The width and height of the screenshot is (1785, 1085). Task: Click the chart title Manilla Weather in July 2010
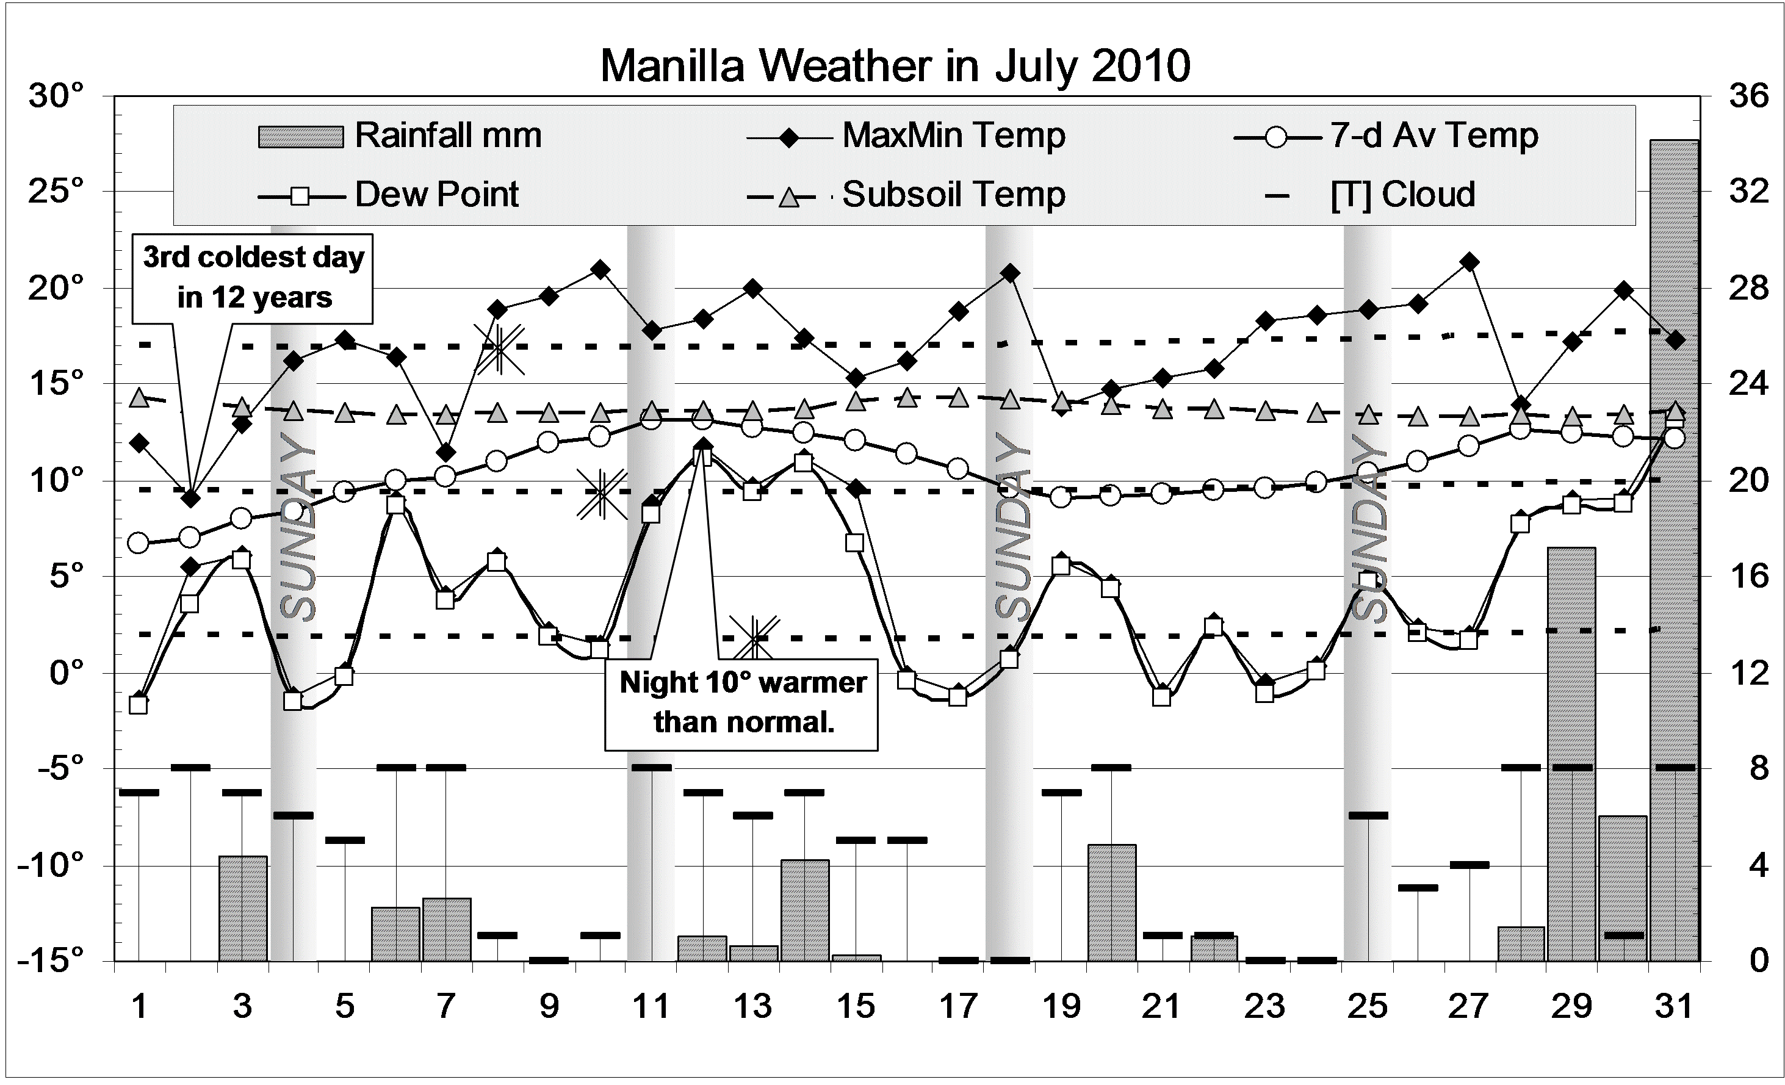click(895, 66)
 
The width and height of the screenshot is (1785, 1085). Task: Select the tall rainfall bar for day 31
click(1674, 550)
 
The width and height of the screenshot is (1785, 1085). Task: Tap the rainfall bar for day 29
click(1571, 753)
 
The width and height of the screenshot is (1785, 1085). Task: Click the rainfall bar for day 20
click(1112, 903)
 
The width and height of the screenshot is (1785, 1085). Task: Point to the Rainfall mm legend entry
click(400, 135)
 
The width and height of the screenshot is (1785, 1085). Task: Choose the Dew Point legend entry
click(389, 194)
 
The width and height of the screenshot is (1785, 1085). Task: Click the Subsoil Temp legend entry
click(906, 194)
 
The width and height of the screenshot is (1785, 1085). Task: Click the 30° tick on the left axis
click(57, 96)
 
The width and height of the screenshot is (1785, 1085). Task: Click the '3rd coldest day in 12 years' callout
click(253, 278)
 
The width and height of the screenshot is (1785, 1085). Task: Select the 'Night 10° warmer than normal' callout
click(742, 702)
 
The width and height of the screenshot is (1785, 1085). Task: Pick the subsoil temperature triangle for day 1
click(139, 398)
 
